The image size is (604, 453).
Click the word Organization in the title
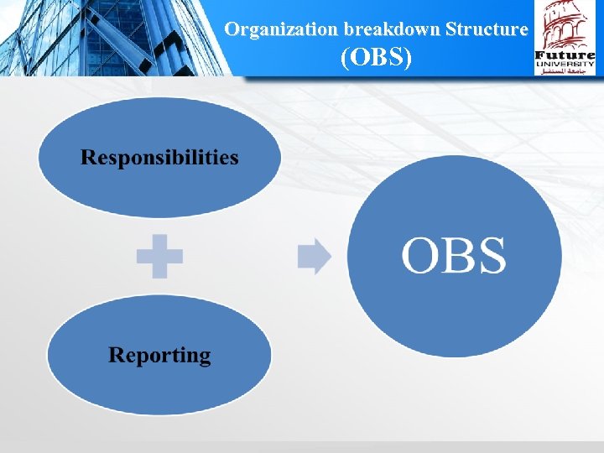(x=280, y=29)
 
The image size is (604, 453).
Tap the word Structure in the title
(x=487, y=29)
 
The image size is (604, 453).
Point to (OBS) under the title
(x=376, y=58)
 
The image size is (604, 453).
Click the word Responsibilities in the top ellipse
(x=159, y=158)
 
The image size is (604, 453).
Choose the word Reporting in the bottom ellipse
(x=159, y=356)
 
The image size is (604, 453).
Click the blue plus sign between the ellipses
(x=159, y=257)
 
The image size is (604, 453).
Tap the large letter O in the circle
(x=421, y=256)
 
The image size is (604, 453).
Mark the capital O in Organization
(x=232, y=29)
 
